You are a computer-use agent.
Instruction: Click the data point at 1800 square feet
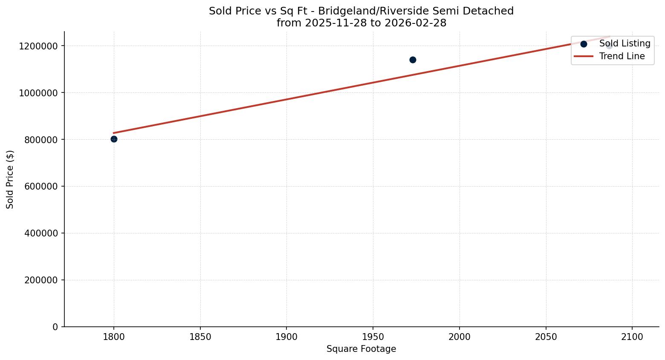click(114, 139)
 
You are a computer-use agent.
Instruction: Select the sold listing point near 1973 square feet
click(413, 60)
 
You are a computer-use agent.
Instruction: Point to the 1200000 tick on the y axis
click(38, 46)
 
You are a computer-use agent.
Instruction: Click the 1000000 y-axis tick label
click(38, 93)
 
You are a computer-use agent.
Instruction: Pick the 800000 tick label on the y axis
click(41, 140)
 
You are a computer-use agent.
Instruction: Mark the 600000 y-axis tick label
click(41, 187)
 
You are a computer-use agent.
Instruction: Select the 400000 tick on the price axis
click(41, 233)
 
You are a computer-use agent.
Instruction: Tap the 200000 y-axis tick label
click(41, 280)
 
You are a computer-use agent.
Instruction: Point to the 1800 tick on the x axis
click(114, 337)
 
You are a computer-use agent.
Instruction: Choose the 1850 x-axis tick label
click(200, 337)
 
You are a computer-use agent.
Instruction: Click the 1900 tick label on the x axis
click(286, 337)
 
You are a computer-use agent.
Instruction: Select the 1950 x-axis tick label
click(373, 337)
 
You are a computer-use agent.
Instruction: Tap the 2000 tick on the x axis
click(460, 337)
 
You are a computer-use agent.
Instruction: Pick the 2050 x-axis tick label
click(546, 337)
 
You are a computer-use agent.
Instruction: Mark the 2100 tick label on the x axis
click(632, 337)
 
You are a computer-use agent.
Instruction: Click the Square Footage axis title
click(361, 349)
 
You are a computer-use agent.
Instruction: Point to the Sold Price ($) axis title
click(10, 179)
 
